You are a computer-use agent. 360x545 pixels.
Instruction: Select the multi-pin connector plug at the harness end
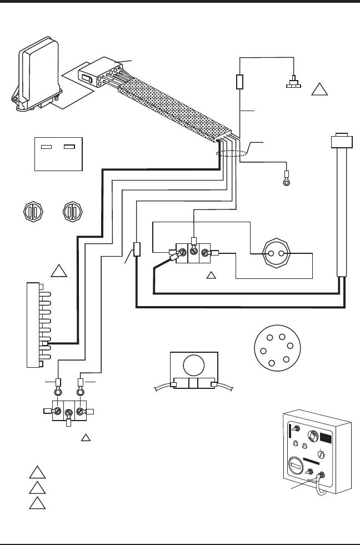coord(101,74)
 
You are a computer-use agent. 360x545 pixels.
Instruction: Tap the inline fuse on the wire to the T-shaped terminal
coord(240,83)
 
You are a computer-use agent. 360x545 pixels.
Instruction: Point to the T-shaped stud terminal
coord(292,84)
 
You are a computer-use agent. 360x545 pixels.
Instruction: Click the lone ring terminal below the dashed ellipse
coord(286,181)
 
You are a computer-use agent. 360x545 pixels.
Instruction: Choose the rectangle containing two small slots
coord(58,153)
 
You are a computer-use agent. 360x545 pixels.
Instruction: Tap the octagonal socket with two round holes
coord(276,254)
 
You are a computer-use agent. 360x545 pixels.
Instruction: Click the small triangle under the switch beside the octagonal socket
coord(211,274)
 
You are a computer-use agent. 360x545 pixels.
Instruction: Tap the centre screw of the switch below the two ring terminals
coord(68,413)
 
